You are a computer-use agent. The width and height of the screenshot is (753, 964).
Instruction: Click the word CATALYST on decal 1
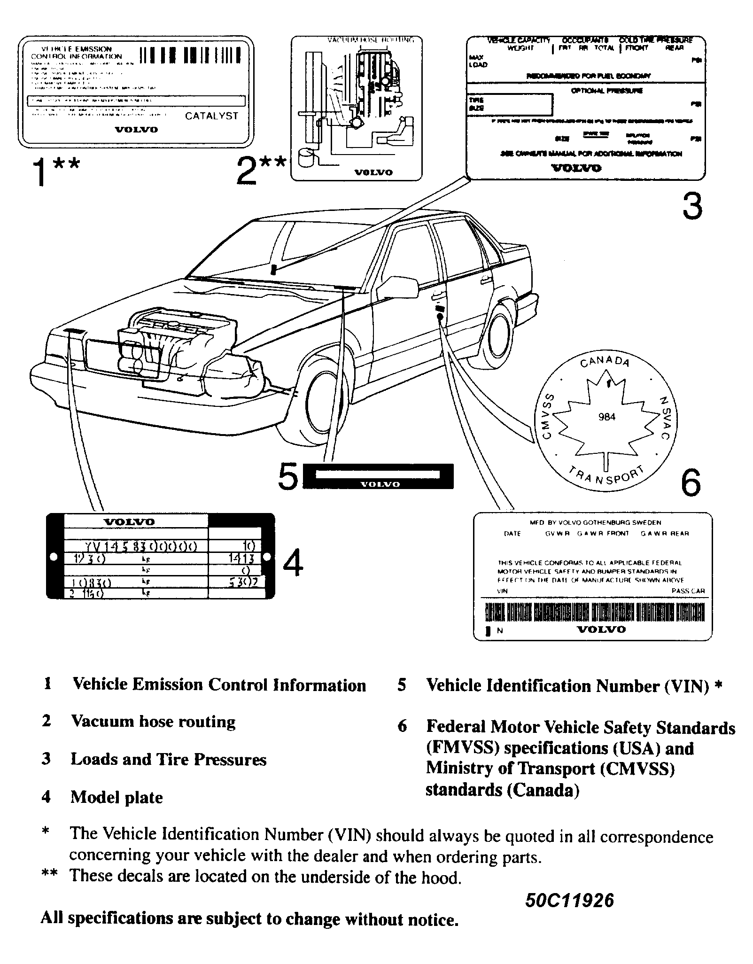point(211,116)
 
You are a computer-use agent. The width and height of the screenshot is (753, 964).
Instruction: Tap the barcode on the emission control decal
point(191,55)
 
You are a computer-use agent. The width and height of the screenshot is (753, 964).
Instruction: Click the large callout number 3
point(692,206)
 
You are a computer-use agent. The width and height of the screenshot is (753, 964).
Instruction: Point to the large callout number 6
point(691,483)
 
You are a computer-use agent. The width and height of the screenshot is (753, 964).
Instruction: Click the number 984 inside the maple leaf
point(607,417)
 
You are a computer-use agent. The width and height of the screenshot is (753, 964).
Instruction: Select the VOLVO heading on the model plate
point(129,521)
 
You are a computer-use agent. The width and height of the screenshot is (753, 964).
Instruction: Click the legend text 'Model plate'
point(116,797)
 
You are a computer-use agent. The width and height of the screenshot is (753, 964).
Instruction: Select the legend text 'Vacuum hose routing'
point(153,721)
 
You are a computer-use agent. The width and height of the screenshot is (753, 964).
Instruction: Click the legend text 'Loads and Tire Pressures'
point(168,759)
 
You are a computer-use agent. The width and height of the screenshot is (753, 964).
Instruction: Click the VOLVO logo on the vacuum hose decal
point(373,172)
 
